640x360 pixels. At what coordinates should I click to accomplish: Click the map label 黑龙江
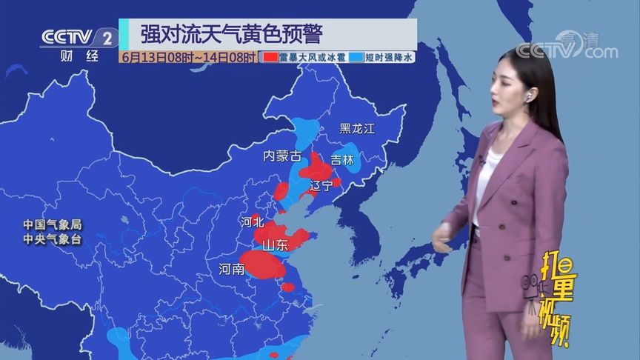coord(358,128)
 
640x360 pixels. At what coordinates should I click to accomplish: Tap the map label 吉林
coord(342,159)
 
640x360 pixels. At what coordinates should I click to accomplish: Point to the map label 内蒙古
coord(282,156)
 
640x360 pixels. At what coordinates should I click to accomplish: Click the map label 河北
coord(252,221)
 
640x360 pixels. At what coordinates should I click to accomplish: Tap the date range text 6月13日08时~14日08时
coord(190,57)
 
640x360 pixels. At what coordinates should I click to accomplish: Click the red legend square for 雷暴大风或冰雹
coord(270,57)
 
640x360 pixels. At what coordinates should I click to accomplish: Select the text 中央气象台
coord(51,239)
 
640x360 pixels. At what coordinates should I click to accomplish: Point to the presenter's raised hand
coord(439,239)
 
